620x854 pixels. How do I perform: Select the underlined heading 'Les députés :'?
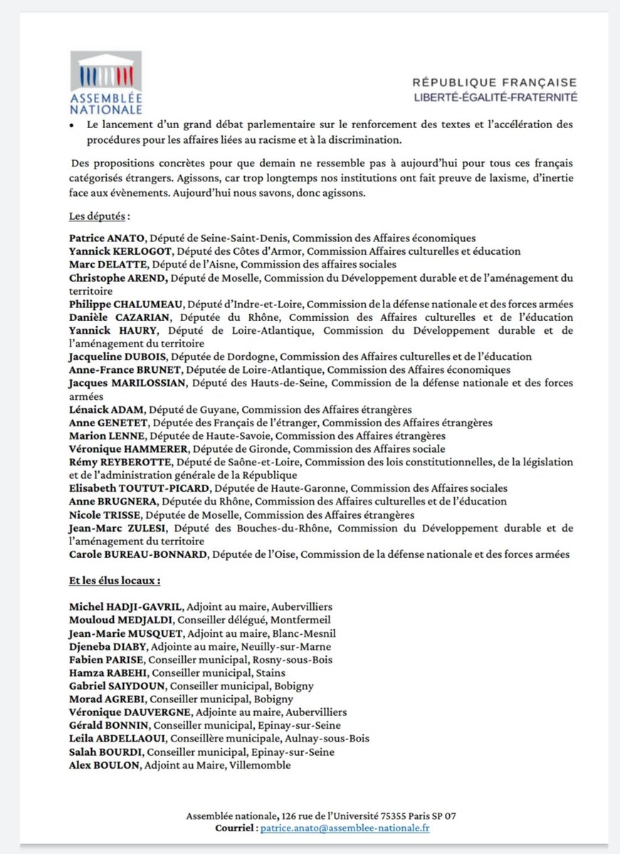(100, 215)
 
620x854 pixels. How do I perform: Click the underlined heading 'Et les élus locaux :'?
(114, 580)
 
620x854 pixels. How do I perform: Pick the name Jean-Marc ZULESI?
(115, 528)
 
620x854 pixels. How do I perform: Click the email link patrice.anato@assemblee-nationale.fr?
(345, 828)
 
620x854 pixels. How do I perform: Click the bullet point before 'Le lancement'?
(72, 125)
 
